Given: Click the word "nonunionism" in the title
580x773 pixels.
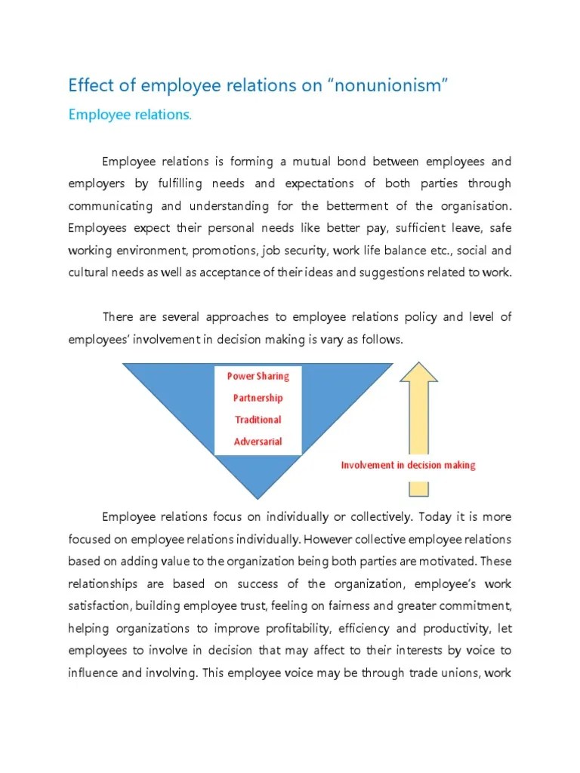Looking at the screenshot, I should pos(387,85).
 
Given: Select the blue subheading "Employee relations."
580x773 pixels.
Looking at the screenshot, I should pos(130,115).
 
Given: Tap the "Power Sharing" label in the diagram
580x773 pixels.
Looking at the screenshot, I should pos(258,376).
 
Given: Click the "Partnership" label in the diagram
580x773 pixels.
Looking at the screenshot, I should pos(258,398).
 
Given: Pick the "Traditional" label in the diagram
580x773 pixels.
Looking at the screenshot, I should pos(258,420).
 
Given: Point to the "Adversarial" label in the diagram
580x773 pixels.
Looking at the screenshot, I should pos(258,442).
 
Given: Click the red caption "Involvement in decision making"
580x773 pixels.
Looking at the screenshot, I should pos(408,465).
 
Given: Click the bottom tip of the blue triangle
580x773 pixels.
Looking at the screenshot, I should pos(258,496).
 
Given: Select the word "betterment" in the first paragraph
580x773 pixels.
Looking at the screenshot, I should pos(363,206).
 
